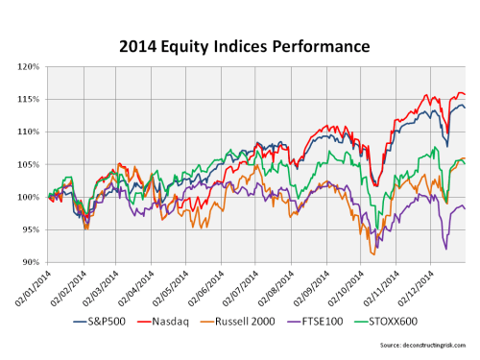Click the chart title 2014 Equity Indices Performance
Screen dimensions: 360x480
tap(240, 44)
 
